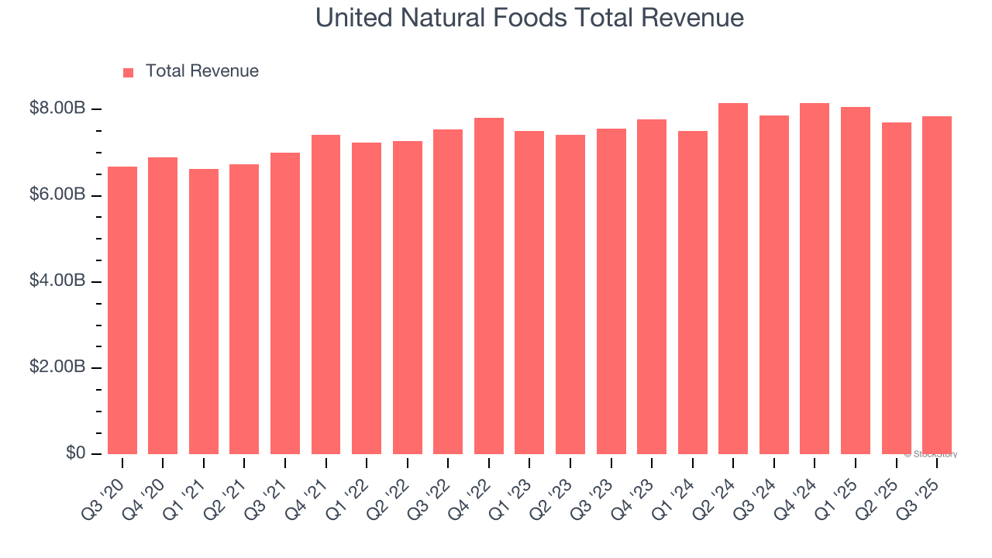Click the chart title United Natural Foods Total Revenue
[x=529, y=18]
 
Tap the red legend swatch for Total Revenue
[x=129, y=73]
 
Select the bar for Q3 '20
[x=122, y=310]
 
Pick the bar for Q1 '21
[x=204, y=312]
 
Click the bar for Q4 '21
[x=326, y=294]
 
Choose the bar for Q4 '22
[x=489, y=286]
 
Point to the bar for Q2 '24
[x=733, y=279]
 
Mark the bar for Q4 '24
[x=815, y=279]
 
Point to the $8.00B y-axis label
[x=57, y=108]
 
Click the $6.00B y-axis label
[x=57, y=195]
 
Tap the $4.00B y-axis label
[x=57, y=281]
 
